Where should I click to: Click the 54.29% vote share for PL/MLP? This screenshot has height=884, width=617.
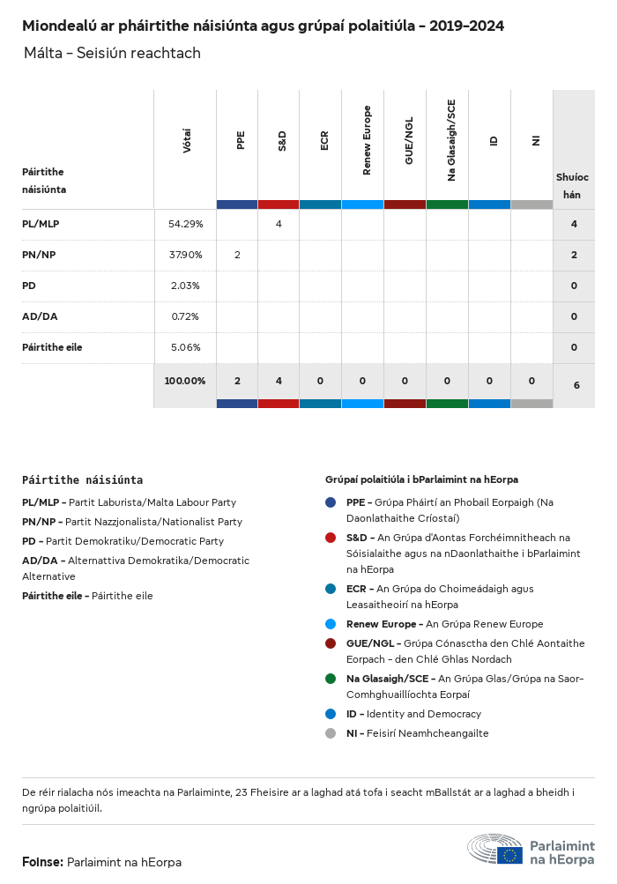click(185, 224)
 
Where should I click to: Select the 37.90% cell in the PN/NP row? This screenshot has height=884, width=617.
click(185, 255)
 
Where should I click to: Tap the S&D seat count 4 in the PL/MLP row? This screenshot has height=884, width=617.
click(279, 224)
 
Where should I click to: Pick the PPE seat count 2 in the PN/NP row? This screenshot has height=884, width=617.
click(237, 255)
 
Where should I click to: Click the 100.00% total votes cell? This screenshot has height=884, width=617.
click(185, 381)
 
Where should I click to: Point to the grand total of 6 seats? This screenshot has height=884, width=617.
click(576, 385)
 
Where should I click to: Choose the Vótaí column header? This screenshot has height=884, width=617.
click(187, 141)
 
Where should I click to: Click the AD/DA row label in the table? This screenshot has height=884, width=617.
click(40, 316)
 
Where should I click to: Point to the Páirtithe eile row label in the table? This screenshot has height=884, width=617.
click(52, 347)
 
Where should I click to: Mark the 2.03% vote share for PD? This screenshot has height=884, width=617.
click(185, 286)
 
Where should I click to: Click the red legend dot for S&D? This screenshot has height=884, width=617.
click(331, 538)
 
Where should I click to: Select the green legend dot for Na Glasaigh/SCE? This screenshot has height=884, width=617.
click(331, 679)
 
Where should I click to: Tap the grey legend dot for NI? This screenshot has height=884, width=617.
click(331, 733)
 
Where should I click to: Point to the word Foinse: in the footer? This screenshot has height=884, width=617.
click(42, 862)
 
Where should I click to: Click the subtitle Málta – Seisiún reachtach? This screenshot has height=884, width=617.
click(113, 54)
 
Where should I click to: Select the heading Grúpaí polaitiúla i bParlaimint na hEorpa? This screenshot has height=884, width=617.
click(421, 479)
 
